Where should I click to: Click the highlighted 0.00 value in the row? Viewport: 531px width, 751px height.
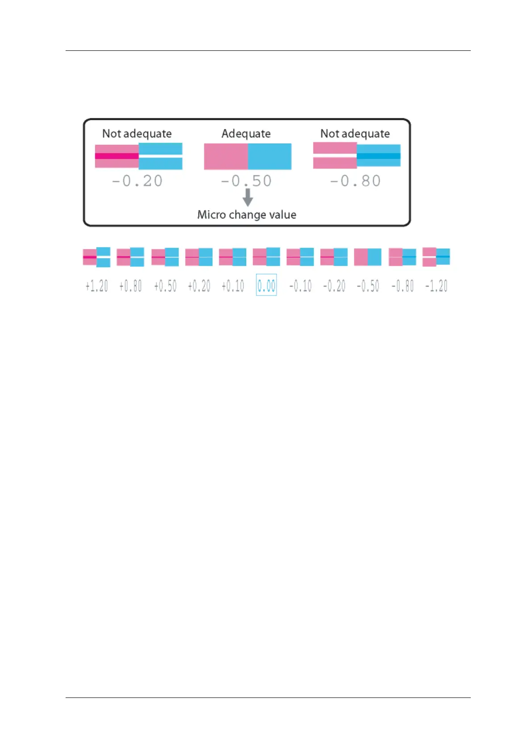tap(266, 285)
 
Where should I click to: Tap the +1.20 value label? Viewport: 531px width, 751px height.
tap(97, 286)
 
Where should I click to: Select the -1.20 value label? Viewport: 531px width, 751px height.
tap(436, 286)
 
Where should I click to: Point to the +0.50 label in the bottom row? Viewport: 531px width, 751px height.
tap(165, 286)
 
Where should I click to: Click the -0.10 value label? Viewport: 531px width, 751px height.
tap(300, 286)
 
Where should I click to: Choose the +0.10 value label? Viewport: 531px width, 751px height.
tap(233, 286)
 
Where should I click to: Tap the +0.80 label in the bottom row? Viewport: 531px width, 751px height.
tap(131, 286)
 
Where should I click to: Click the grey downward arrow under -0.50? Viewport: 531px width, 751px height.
tap(248, 197)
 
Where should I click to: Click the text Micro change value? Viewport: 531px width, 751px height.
tap(247, 215)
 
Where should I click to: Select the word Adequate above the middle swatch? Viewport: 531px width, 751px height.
tap(246, 134)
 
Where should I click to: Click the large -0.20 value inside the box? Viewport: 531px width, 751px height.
tap(137, 181)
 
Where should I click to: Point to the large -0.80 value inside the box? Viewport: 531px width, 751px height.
tap(355, 181)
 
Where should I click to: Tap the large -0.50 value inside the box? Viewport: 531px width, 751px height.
tap(246, 181)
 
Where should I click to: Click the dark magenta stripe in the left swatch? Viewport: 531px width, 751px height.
tap(117, 156)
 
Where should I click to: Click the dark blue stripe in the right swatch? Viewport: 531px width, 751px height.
tap(378, 156)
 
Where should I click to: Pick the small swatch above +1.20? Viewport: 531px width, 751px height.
tap(97, 257)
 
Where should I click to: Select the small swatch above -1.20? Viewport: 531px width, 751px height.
tap(436, 257)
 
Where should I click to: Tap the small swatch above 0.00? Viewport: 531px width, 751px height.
tap(266, 257)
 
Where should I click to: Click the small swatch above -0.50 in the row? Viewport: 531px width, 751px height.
tap(368, 257)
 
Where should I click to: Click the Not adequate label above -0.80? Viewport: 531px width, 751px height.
tap(355, 134)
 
